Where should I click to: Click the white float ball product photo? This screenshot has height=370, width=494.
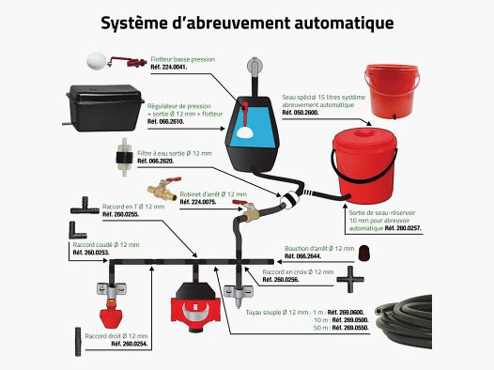click(96, 60)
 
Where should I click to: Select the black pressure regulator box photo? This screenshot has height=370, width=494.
click(104, 107)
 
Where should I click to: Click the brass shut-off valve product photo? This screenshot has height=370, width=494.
click(163, 188)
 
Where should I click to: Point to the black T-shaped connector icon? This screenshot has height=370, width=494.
click(85, 206)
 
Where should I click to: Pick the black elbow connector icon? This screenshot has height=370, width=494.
click(77, 230)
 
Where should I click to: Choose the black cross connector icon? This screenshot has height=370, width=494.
click(350, 279)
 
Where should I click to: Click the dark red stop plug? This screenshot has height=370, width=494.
click(363, 253)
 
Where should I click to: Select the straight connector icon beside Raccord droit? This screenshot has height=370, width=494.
click(78, 342)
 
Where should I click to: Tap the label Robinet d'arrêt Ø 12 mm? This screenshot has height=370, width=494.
click(213, 194)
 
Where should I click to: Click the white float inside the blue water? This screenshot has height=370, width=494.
click(246, 131)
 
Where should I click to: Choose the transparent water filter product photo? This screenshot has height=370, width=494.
click(125, 157)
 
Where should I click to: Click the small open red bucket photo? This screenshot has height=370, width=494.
click(392, 91)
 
